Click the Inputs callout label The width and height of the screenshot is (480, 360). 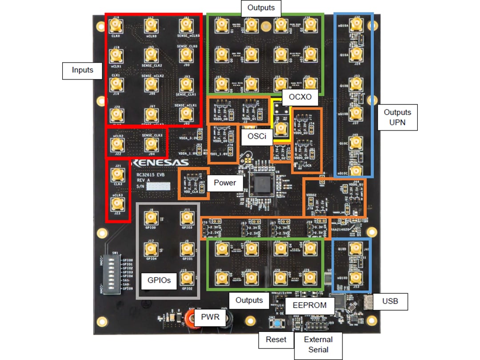pos(82,70)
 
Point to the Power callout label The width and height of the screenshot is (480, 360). pos(224,182)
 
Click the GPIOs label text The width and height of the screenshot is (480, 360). pos(159,280)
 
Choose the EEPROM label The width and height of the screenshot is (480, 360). pos(309,305)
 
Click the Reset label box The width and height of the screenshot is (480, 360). pos(276,339)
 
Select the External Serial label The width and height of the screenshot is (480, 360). pos(318,344)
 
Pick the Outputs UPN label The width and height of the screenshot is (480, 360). pos(397,117)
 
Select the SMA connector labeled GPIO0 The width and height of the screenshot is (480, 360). pos(151,218)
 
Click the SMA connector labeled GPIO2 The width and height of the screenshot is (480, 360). pos(187,279)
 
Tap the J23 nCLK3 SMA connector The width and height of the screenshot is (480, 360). pos(117,204)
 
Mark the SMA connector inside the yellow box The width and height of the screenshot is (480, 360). pos(280,129)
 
